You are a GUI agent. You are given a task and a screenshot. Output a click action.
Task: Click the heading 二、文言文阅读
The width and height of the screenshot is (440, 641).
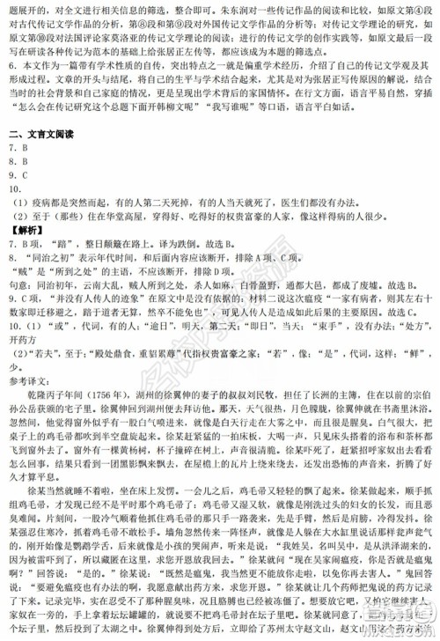pyautogui.click(x=43, y=135)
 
